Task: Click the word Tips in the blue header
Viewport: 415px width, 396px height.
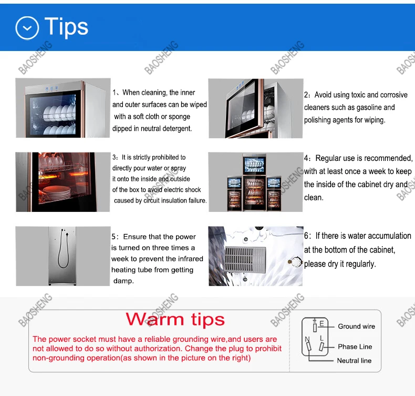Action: click(66, 26)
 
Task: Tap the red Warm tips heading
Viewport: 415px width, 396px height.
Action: click(175, 319)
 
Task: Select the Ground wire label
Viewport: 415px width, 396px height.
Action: click(356, 327)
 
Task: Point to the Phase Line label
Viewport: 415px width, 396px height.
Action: click(355, 347)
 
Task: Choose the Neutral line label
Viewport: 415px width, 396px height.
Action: click(354, 361)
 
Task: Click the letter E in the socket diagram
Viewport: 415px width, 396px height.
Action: click(321, 323)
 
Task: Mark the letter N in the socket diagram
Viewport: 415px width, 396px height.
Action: click(307, 339)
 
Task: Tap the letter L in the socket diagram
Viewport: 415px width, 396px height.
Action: click(321, 338)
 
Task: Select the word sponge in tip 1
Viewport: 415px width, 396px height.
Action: click(179, 117)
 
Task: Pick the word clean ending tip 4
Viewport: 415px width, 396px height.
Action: click(313, 198)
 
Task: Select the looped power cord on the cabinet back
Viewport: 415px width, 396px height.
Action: click(64, 249)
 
